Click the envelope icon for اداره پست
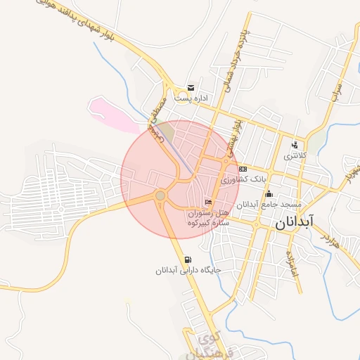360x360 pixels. [190, 88]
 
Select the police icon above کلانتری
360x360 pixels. [294, 145]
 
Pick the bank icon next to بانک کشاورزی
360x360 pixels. [243, 169]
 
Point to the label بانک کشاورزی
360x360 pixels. [238, 180]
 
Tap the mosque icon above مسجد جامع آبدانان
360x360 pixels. [268, 194]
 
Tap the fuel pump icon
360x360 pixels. [186, 258]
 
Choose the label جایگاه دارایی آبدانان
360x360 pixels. [188, 269]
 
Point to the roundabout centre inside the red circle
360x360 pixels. [160, 195]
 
